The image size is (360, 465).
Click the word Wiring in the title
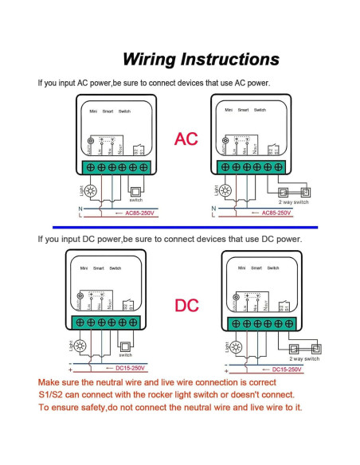149,60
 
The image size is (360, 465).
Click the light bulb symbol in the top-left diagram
89,191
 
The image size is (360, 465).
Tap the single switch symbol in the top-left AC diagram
135,190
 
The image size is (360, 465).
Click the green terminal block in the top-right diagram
248,167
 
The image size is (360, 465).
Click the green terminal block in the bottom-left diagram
112,323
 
